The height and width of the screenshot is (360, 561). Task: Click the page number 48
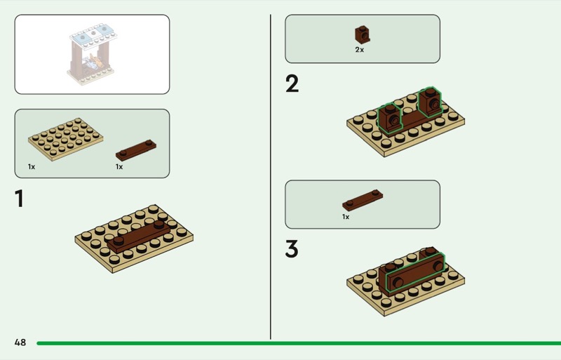click(x=20, y=342)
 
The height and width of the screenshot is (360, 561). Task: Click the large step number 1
click(x=20, y=199)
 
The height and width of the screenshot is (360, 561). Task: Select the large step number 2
click(x=292, y=84)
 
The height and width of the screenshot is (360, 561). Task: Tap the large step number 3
click(x=292, y=248)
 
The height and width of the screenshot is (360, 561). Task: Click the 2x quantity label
click(x=360, y=50)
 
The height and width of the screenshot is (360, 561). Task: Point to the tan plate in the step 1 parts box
click(x=66, y=139)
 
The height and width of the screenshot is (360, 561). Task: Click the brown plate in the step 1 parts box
click(x=136, y=150)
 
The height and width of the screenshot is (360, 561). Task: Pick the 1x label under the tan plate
click(x=32, y=166)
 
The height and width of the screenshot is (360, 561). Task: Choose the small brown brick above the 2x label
click(x=363, y=35)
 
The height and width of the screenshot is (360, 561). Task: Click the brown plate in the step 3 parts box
click(x=363, y=200)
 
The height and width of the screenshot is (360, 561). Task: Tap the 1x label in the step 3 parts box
click(x=346, y=217)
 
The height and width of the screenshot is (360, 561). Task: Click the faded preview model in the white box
click(x=93, y=54)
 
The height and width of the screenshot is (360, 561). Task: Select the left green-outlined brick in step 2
click(x=390, y=119)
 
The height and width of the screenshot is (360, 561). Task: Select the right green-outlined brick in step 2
click(x=430, y=102)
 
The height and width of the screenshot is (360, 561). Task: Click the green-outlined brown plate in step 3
click(x=414, y=273)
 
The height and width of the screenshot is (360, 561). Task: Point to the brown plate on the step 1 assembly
click(x=139, y=236)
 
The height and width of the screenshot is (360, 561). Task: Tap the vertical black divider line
click(x=271, y=177)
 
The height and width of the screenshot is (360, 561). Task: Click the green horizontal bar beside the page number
click(x=299, y=343)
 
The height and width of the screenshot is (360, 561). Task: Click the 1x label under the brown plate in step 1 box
click(x=119, y=166)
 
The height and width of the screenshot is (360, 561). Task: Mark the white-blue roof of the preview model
click(x=94, y=34)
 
